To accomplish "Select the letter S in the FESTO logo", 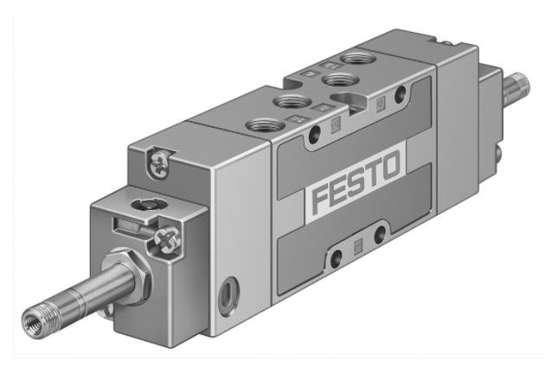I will click(x=354, y=180).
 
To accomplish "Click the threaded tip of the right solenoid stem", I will click(x=522, y=85).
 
